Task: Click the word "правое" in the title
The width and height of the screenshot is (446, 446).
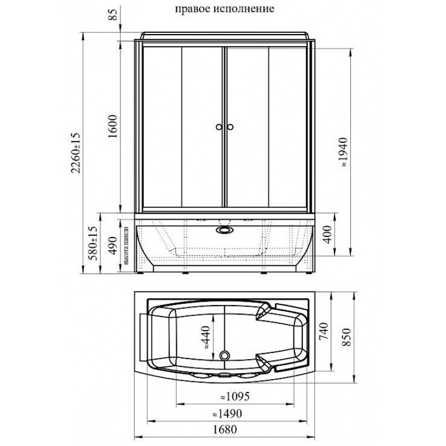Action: [x=192, y=9]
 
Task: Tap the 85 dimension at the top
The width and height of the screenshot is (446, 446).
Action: [x=113, y=14]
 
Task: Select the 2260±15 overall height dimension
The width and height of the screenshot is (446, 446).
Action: [x=76, y=152]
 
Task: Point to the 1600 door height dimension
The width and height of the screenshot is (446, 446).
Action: [x=113, y=127]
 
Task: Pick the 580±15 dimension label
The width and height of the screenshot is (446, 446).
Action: [x=93, y=243]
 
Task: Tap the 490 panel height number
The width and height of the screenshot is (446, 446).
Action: [x=113, y=245]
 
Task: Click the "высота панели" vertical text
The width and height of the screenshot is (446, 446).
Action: [x=127, y=245]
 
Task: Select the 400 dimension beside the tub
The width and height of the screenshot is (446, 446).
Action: [x=327, y=234]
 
